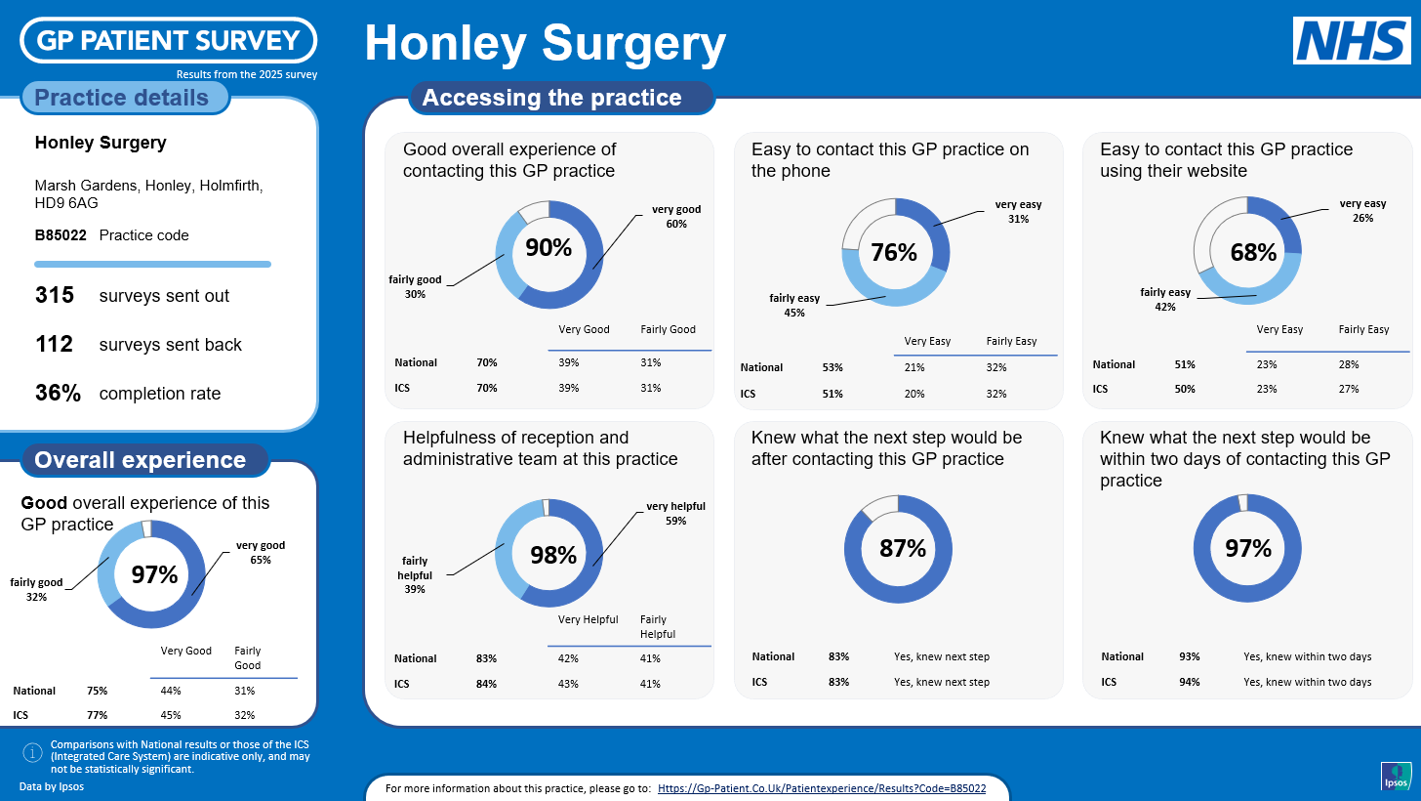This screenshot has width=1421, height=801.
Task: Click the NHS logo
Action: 1352,41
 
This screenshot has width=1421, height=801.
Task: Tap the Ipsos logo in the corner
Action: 1396,776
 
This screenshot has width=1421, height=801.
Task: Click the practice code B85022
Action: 61,235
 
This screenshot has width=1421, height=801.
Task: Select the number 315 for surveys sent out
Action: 55,295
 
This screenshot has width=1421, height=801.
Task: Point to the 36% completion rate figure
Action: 57,394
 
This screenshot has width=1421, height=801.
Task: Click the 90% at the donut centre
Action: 548,248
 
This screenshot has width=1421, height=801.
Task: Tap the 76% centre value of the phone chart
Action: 894,252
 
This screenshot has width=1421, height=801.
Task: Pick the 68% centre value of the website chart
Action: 1253,252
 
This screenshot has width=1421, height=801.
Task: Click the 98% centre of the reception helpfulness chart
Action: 553,555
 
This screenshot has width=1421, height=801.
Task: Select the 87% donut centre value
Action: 902,548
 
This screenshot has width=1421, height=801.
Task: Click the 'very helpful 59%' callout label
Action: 675,514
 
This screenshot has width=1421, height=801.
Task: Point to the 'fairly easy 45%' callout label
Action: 794,306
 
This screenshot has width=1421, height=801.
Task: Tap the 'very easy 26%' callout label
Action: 1362,211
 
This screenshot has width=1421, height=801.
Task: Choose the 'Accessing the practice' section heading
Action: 551,98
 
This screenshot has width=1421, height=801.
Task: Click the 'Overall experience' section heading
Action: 141,460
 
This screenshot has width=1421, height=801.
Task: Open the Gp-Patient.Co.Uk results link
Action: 822,788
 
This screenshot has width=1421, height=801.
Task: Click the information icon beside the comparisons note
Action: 32,752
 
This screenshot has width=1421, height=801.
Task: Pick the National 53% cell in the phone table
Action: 832,368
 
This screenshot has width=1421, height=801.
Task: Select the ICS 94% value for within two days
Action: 1189,682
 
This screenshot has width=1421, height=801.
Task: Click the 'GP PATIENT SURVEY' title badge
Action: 169,40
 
